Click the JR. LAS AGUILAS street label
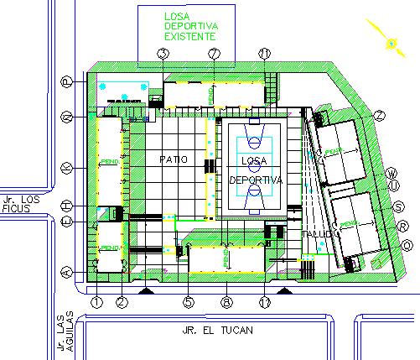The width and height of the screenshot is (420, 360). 65,335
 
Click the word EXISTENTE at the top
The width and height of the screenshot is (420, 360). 190,37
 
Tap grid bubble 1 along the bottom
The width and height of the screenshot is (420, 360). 97,301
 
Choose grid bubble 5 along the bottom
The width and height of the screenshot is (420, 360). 189,301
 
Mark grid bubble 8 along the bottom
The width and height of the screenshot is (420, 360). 225,301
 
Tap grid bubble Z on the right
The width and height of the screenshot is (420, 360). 380,115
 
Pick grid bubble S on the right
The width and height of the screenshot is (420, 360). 399,206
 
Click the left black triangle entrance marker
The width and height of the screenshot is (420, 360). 147,290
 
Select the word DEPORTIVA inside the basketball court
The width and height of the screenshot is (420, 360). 257,180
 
